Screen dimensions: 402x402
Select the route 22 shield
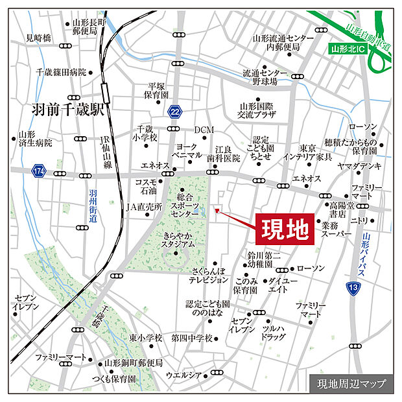[x=174, y=112]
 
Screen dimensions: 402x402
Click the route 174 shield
[x=39, y=171]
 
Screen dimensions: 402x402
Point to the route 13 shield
[x=352, y=287]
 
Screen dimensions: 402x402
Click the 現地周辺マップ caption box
[x=351, y=383]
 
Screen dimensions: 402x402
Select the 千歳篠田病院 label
[x=61, y=73]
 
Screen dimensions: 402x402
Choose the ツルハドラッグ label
[x=273, y=333]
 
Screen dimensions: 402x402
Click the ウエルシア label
[x=184, y=374]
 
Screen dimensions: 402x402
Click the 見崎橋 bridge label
[x=38, y=38]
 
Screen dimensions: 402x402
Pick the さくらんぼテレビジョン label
[x=209, y=275]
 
